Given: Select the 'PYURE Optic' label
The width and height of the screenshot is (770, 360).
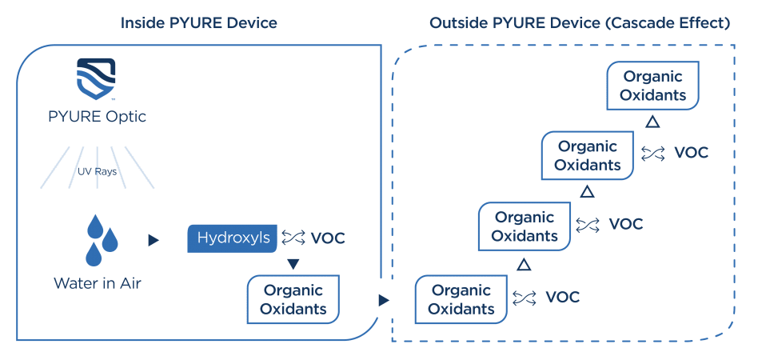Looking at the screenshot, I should coord(96,116).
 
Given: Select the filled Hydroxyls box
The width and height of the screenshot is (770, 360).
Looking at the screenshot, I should coord(233,238).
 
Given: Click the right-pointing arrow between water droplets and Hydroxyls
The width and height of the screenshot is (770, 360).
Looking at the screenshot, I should coord(154,239).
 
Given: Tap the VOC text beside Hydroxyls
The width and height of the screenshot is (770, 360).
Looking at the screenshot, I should coord(328,238).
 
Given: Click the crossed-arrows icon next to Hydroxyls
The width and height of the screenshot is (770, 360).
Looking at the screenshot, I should coord(293,238).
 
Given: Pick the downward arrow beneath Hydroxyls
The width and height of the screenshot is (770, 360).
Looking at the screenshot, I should coord(293,264).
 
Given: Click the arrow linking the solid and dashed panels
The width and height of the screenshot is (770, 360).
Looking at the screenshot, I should coord(385,300).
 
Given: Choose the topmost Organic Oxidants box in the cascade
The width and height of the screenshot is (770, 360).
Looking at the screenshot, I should coord(653,86).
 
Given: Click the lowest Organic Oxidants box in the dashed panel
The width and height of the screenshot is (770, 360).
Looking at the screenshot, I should coord(461,299).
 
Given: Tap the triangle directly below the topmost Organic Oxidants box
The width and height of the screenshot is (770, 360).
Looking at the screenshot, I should coord(652,122).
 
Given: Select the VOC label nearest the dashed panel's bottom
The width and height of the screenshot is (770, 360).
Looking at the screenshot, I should coord(562,298).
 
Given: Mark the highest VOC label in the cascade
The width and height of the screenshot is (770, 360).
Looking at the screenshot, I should coord(691,152).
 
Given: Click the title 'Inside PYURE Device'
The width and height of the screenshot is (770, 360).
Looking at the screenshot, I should coord(198,22).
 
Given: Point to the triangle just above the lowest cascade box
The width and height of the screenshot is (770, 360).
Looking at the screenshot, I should coord(524,263).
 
